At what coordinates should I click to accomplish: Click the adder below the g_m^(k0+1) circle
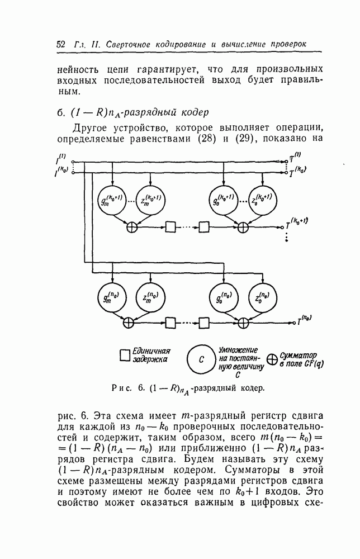132,226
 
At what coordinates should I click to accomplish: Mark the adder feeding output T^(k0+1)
243,226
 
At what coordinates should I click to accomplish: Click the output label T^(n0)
305,321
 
